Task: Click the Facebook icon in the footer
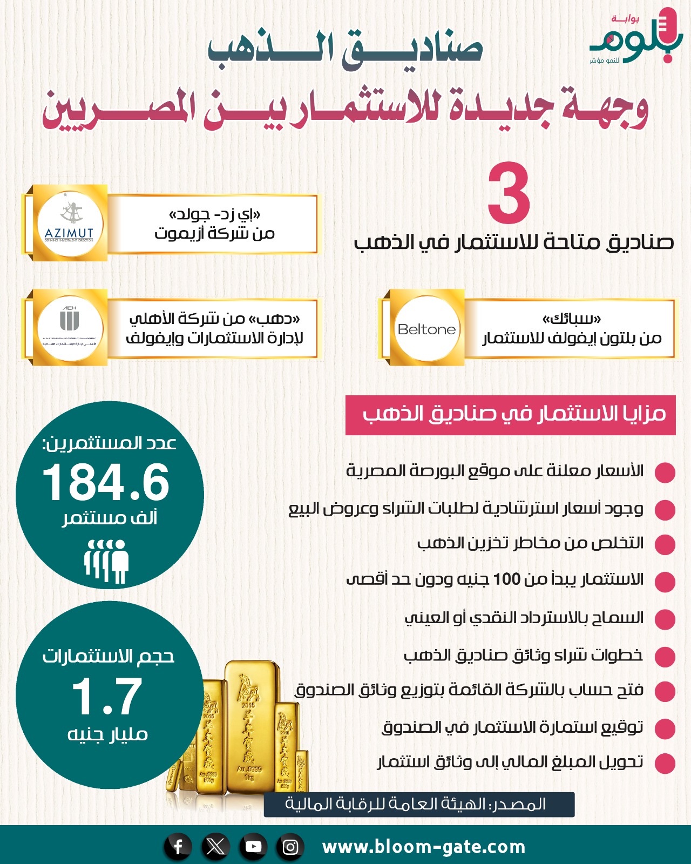coord(179,847)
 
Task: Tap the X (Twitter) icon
coord(216,847)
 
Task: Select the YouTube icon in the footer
coord(253,847)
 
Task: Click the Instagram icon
coord(290,847)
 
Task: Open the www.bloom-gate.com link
coord(424,847)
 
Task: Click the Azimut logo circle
coord(70,223)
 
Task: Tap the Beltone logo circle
coord(426,328)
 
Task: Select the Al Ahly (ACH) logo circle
coord(70,327)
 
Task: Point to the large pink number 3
coord(509,194)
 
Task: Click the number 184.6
coord(106,483)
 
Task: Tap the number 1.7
coord(107,697)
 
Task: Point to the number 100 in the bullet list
coord(506,579)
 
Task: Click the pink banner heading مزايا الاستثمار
coord(510,415)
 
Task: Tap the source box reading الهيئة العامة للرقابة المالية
coord(419,805)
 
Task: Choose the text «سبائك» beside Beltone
coord(572,319)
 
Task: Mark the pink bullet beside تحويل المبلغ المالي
coord(665,763)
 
